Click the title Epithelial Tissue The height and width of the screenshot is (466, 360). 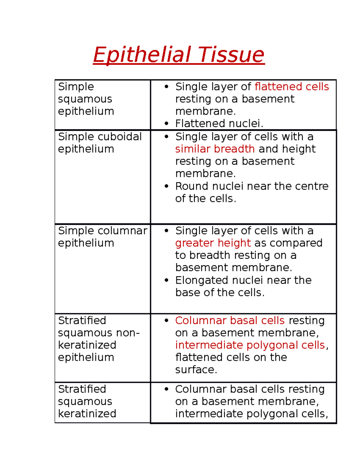[x=179, y=55]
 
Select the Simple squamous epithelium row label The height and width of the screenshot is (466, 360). [x=86, y=99]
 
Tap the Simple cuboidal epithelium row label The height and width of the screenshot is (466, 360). [x=100, y=143]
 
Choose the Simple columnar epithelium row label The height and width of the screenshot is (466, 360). [x=102, y=236]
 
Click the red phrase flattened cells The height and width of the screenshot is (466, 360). [x=292, y=86]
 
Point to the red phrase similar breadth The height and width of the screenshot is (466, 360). [x=215, y=149]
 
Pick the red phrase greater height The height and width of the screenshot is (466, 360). [x=213, y=243]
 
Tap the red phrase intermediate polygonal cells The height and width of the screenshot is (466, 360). [x=250, y=345]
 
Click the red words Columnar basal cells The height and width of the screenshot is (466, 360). [x=230, y=320]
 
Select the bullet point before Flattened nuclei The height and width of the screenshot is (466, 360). [x=167, y=123]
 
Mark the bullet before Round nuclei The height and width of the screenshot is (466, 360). [x=167, y=186]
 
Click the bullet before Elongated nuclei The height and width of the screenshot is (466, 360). [x=167, y=280]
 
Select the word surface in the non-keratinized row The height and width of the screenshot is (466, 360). [x=196, y=370]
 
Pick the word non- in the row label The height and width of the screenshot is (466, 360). [x=130, y=333]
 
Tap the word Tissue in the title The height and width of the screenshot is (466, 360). [x=231, y=55]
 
